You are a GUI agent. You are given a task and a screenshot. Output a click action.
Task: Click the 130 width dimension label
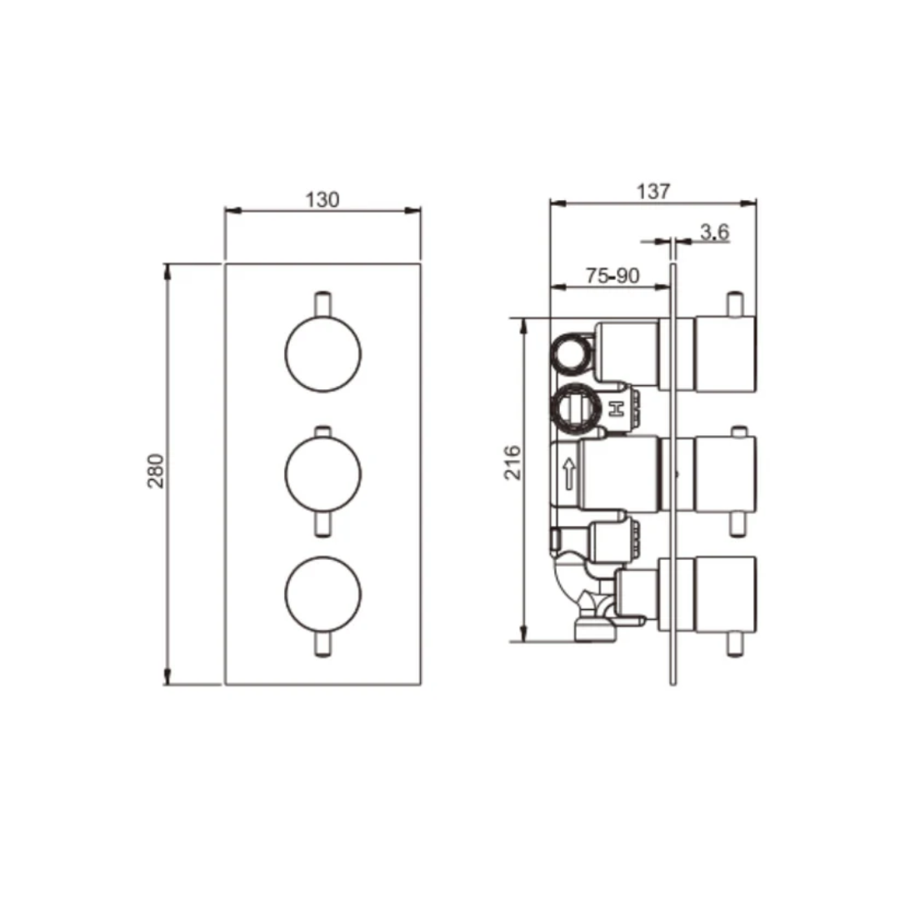[x=323, y=199]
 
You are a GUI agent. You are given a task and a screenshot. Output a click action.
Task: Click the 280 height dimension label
[x=156, y=471]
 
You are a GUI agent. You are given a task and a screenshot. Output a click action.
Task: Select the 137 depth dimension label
[x=653, y=191]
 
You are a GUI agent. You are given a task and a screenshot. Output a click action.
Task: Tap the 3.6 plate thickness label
[x=714, y=232]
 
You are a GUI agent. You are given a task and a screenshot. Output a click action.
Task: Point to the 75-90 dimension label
[x=612, y=277]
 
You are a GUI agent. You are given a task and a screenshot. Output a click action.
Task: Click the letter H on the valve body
[x=617, y=409]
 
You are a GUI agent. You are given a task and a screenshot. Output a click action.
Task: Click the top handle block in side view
[x=725, y=353]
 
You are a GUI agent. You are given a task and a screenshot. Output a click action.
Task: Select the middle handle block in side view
[x=725, y=472]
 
